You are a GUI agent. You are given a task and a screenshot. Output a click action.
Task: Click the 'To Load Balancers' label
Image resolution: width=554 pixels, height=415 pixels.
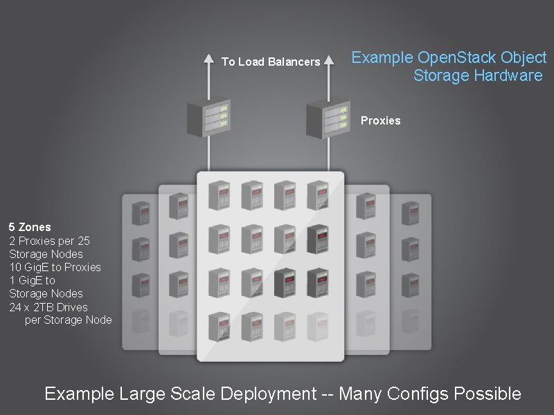click(x=271, y=62)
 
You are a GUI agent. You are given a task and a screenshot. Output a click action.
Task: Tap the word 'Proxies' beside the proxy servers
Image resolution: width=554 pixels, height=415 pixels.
click(x=380, y=120)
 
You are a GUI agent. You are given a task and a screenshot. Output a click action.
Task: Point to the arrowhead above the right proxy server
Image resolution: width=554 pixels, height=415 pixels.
click(x=328, y=58)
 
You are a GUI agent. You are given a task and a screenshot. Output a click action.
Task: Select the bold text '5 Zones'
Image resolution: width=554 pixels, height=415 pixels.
click(x=30, y=227)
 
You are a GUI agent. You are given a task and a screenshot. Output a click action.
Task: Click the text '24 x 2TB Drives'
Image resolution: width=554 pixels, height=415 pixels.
click(x=48, y=307)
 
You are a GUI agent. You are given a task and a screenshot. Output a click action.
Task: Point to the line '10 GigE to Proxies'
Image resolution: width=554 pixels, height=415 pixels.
click(x=55, y=267)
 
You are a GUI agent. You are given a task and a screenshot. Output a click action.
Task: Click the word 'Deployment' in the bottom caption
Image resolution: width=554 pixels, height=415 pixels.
click(x=267, y=394)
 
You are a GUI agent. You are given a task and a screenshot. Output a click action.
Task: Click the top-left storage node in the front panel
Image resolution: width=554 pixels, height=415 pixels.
click(x=219, y=196)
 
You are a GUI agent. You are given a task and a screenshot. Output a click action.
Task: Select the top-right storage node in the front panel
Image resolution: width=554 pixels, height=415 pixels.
click(x=318, y=196)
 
